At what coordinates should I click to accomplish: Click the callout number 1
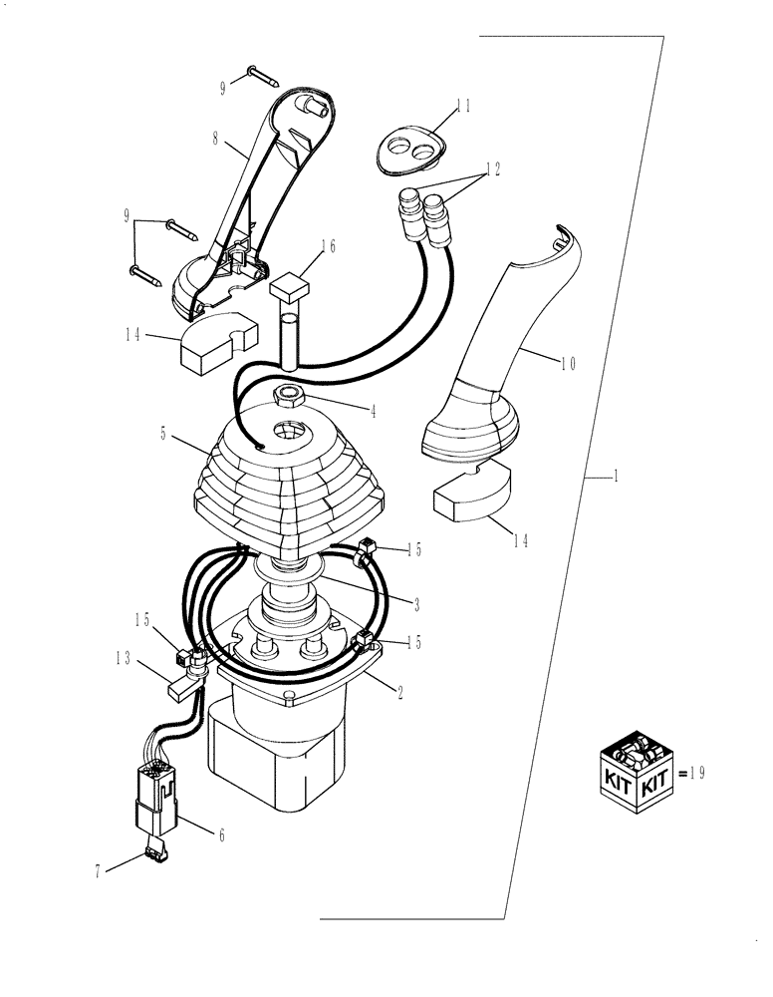[x=617, y=478]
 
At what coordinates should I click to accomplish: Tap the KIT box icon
[x=637, y=767]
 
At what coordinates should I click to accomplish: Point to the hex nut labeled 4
[x=291, y=396]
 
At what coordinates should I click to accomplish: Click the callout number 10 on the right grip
[x=567, y=364]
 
